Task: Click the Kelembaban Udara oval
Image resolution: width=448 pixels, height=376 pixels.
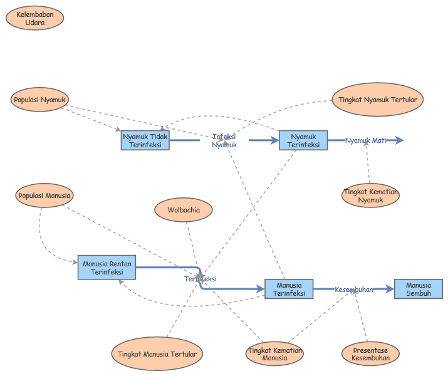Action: point(35,18)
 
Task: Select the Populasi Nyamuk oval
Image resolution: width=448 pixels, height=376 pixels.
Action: point(39,99)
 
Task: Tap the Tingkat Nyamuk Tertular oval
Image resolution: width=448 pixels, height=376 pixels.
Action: point(377,100)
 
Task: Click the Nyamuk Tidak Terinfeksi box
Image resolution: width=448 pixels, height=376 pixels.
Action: point(145,140)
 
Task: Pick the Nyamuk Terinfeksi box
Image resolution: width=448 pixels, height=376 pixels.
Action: point(303,140)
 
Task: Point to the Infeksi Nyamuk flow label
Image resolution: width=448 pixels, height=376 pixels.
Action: point(224,140)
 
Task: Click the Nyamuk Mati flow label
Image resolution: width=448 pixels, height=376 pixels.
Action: point(366,140)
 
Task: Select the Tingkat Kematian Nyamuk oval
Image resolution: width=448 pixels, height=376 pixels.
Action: point(370,196)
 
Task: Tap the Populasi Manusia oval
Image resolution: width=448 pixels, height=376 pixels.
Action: point(44,196)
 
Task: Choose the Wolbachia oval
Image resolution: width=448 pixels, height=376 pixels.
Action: point(184,210)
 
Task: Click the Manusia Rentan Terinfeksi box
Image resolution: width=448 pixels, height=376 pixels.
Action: point(107,268)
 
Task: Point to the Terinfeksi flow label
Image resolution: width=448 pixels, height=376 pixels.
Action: point(201,279)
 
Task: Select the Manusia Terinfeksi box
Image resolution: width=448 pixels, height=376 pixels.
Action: point(289,289)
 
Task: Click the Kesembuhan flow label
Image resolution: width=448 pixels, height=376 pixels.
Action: point(354,290)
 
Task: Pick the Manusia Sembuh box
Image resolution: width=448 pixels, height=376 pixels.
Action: point(418,289)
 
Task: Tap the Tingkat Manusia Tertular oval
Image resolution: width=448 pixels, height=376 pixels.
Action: point(157,354)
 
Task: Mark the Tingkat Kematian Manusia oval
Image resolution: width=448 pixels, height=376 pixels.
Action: point(274,354)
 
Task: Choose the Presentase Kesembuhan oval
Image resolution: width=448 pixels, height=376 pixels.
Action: point(370,354)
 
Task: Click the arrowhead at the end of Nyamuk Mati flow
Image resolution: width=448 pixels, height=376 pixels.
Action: point(400,140)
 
